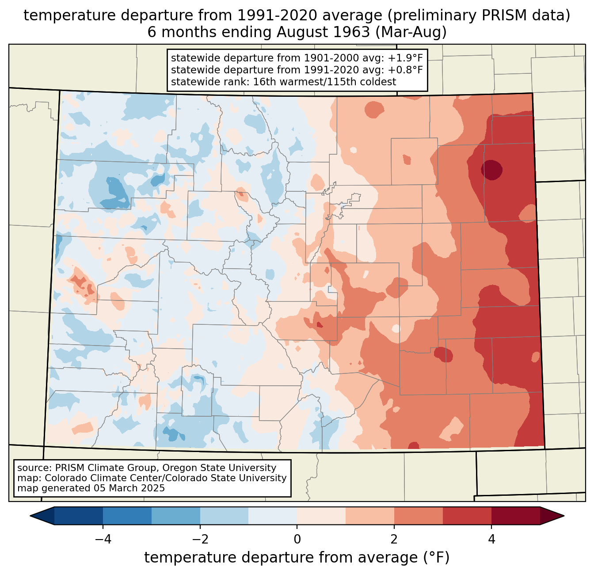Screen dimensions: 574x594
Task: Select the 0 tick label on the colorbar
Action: [297, 539]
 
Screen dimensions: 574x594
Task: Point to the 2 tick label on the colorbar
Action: [394, 539]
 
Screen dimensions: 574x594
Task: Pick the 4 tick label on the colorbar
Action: [491, 539]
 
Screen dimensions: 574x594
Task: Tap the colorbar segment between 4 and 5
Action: [516, 516]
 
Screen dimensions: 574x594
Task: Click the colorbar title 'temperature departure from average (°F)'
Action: [297, 558]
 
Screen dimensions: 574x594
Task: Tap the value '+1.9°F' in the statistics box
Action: [405, 58]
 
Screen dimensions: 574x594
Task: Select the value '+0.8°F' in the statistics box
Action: [405, 70]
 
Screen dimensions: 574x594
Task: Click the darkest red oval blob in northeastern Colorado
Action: [491, 170]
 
